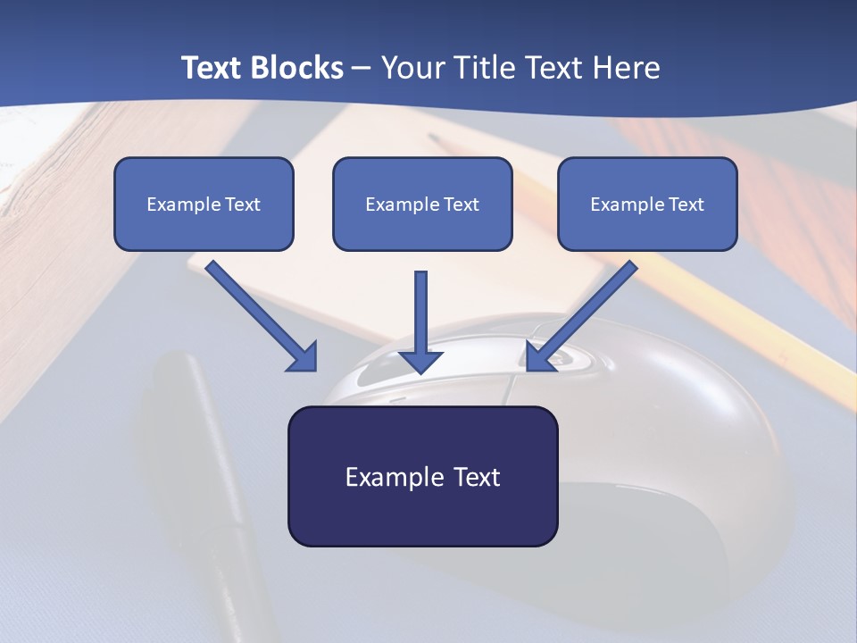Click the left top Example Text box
coord(204,204)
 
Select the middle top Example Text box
coord(422,204)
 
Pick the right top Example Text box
coord(647,204)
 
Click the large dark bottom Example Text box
coord(422,476)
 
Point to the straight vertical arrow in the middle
coord(421,313)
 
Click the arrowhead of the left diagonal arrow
coord(304,357)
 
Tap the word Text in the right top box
coord(686,205)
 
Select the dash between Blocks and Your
coord(362,69)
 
